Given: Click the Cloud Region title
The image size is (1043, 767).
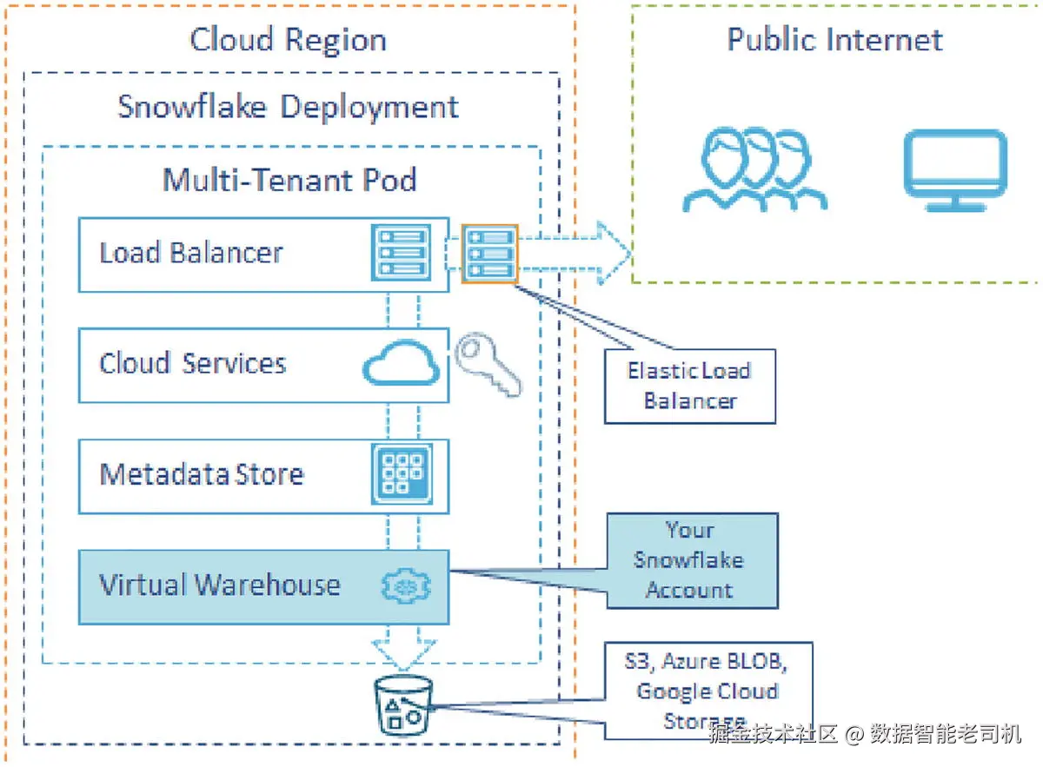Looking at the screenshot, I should tap(288, 40).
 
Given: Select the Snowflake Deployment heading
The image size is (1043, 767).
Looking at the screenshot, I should tap(288, 107).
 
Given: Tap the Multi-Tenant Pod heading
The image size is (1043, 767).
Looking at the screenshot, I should tap(289, 180).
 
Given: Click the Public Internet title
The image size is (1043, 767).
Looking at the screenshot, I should tap(834, 40).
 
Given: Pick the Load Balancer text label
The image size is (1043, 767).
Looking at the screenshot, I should tap(191, 253).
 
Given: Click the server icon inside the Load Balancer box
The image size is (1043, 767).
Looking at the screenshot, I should tap(401, 253).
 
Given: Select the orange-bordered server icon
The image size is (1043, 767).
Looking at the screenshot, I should tap(489, 253).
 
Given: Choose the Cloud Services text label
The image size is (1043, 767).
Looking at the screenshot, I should tap(192, 363).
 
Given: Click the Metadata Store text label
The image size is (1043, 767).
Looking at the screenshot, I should tap(202, 474).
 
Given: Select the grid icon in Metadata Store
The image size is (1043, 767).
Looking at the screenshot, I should tap(402, 474).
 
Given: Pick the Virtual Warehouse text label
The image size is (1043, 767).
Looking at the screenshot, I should tap(219, 585).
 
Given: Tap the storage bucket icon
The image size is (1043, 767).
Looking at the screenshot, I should tap(402, 704).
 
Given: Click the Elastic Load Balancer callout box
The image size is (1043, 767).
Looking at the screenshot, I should tap(689, 386).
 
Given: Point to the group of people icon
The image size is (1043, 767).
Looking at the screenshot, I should tap(753, 171).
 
